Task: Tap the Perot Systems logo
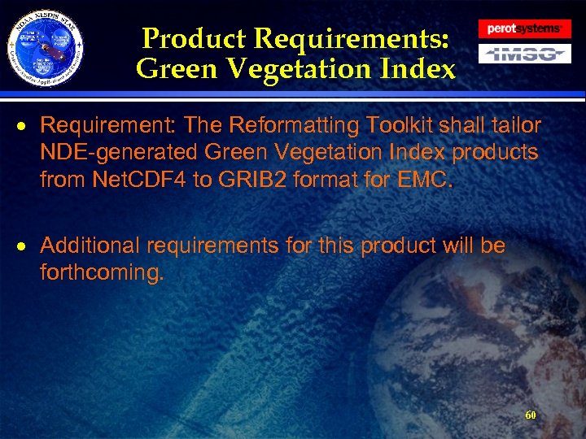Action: coord(525,29)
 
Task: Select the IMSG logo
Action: coord(525,54)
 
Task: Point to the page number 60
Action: coord(531,415)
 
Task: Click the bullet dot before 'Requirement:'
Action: coord(27,127)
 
